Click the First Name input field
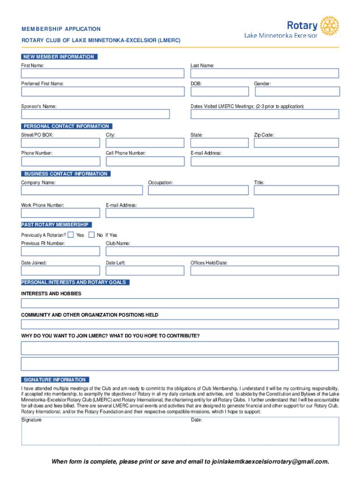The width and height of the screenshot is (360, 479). (102, 73)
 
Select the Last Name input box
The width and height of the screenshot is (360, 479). (265, 73)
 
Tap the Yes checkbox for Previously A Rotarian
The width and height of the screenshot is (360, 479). (71, 235)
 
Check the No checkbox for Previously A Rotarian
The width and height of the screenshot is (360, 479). (91, 235)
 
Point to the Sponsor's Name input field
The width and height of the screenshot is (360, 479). (95, 115)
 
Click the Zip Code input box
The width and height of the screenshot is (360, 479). (296, 143)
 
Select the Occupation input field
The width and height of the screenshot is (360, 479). (198, 190)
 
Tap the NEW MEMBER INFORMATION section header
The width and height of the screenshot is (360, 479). (59, 57)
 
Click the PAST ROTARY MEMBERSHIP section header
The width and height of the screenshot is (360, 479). (56, 225)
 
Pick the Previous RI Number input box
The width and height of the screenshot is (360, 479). (60, 251)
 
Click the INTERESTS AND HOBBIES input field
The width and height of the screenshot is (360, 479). (180, 303)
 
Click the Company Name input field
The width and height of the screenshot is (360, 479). (82, 190)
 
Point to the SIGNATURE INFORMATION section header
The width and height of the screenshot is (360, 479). (55, 380)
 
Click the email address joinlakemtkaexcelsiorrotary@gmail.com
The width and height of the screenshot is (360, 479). (270, 462)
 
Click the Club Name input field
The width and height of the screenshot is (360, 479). (222, 251)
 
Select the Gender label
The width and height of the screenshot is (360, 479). (262, 84)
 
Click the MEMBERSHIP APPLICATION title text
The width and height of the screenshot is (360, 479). (61, 29)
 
